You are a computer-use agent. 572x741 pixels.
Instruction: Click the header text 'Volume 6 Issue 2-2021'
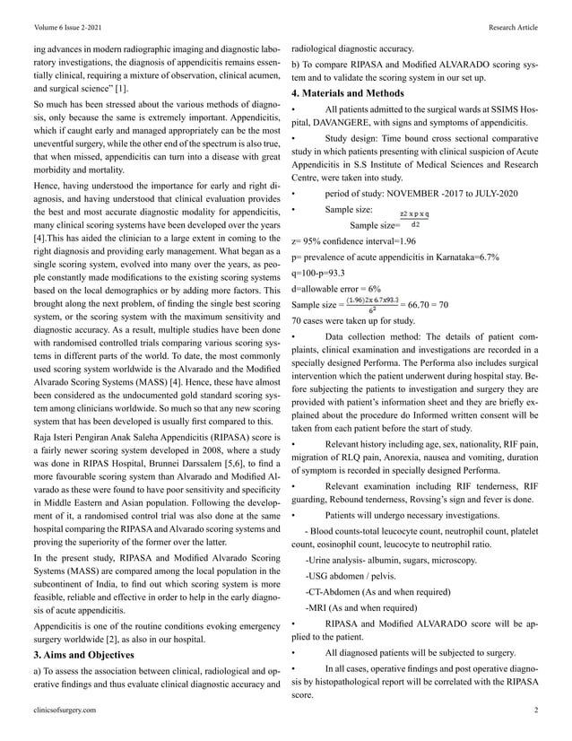pyautogui.click(x=66, y=28)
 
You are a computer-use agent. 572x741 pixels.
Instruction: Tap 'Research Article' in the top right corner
pyautogui.click(x=513, y=28)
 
